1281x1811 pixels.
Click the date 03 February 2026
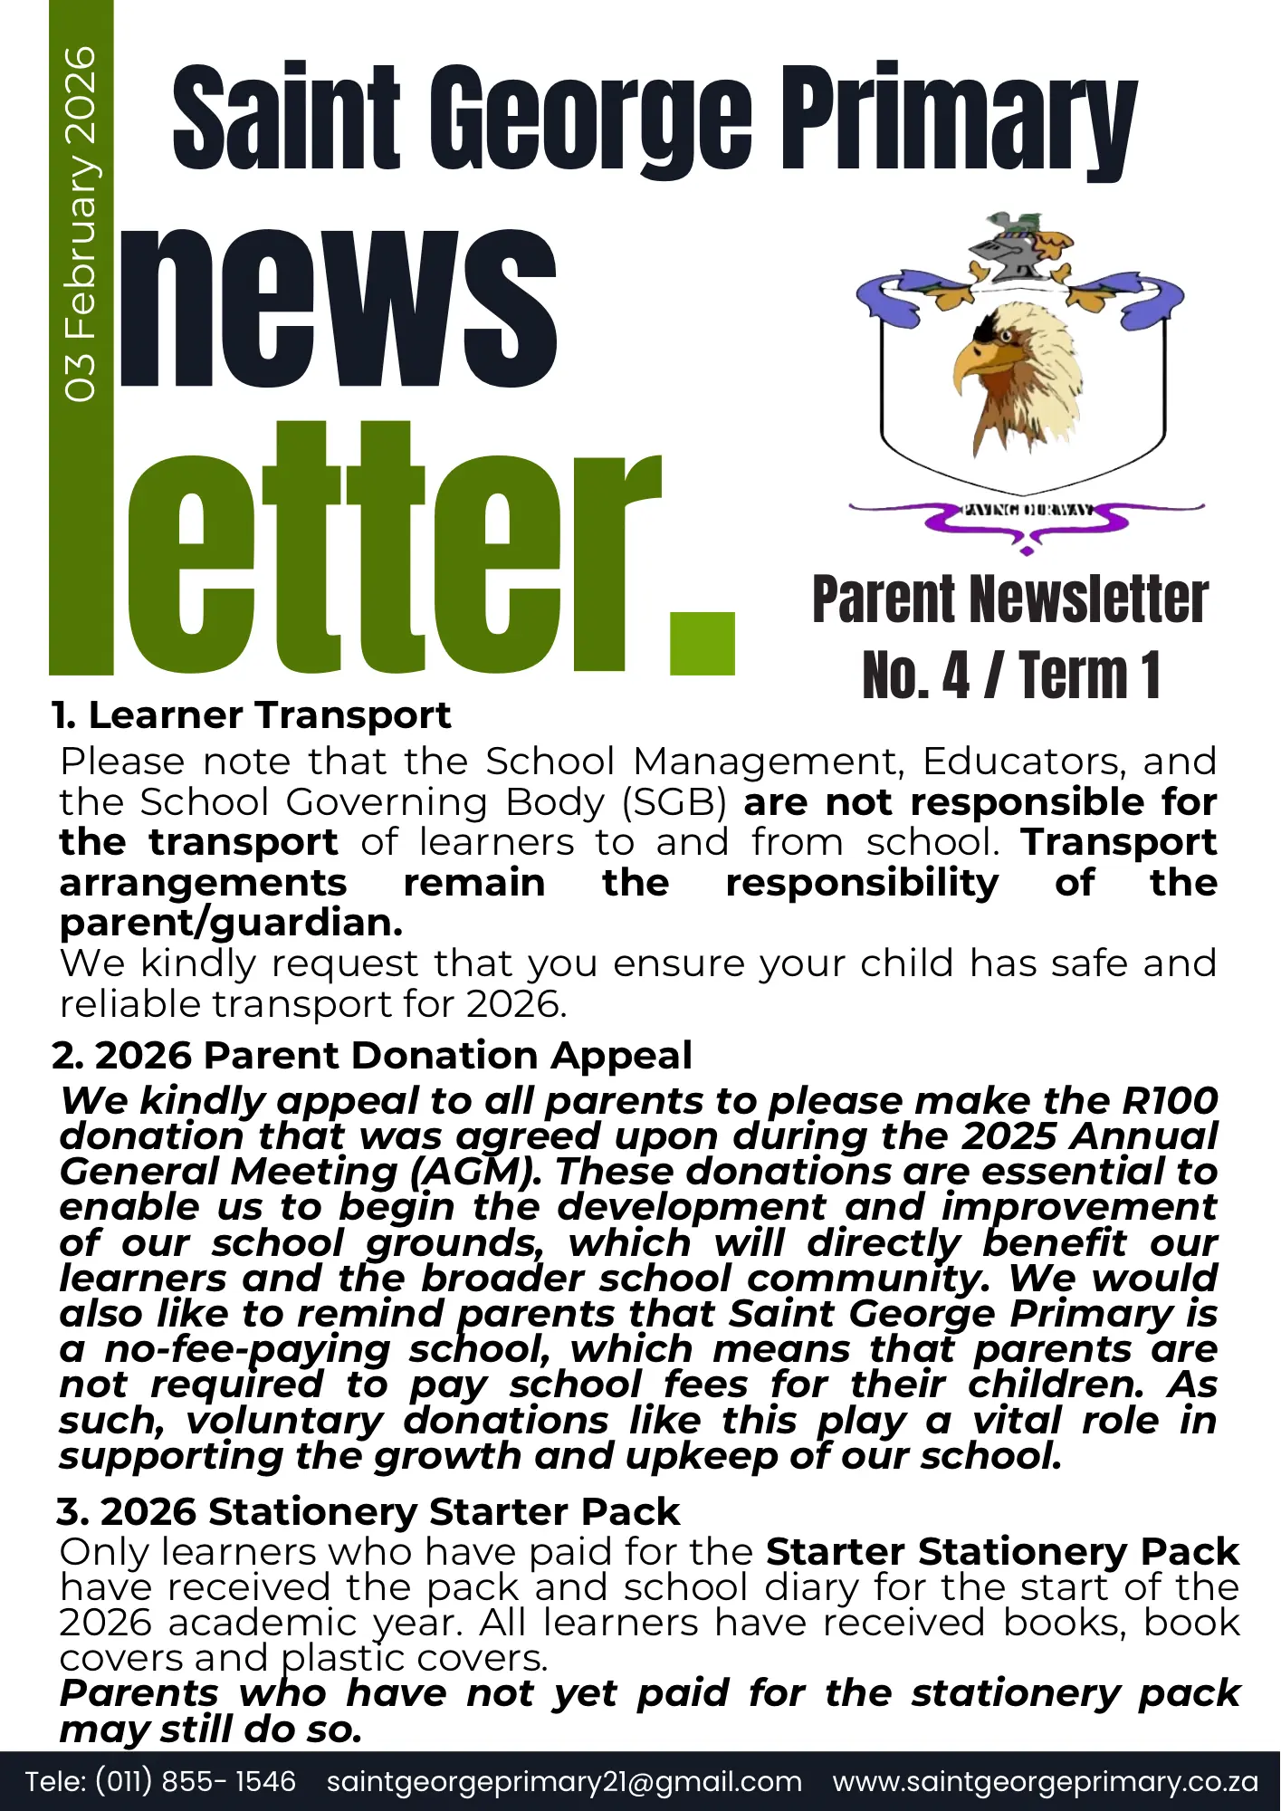point(81,224)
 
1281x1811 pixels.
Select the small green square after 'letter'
point(703,644)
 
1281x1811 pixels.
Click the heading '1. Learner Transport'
point(252,716)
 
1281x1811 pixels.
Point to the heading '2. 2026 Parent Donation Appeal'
point(372,1056)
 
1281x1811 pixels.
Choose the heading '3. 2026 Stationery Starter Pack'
point(368,1512)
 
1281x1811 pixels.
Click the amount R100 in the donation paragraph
point(1170,1101)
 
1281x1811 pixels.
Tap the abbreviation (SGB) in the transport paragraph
point(674,802)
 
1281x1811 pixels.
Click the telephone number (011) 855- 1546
point(196,1781)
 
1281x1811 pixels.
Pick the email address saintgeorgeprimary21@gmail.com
point(564,1781)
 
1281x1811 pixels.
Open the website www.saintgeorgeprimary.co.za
point(1046,1781)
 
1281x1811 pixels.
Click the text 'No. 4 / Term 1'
point(1011,676)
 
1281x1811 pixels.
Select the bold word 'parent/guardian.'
point(231,923)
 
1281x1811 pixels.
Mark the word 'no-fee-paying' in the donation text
point(247,1349)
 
